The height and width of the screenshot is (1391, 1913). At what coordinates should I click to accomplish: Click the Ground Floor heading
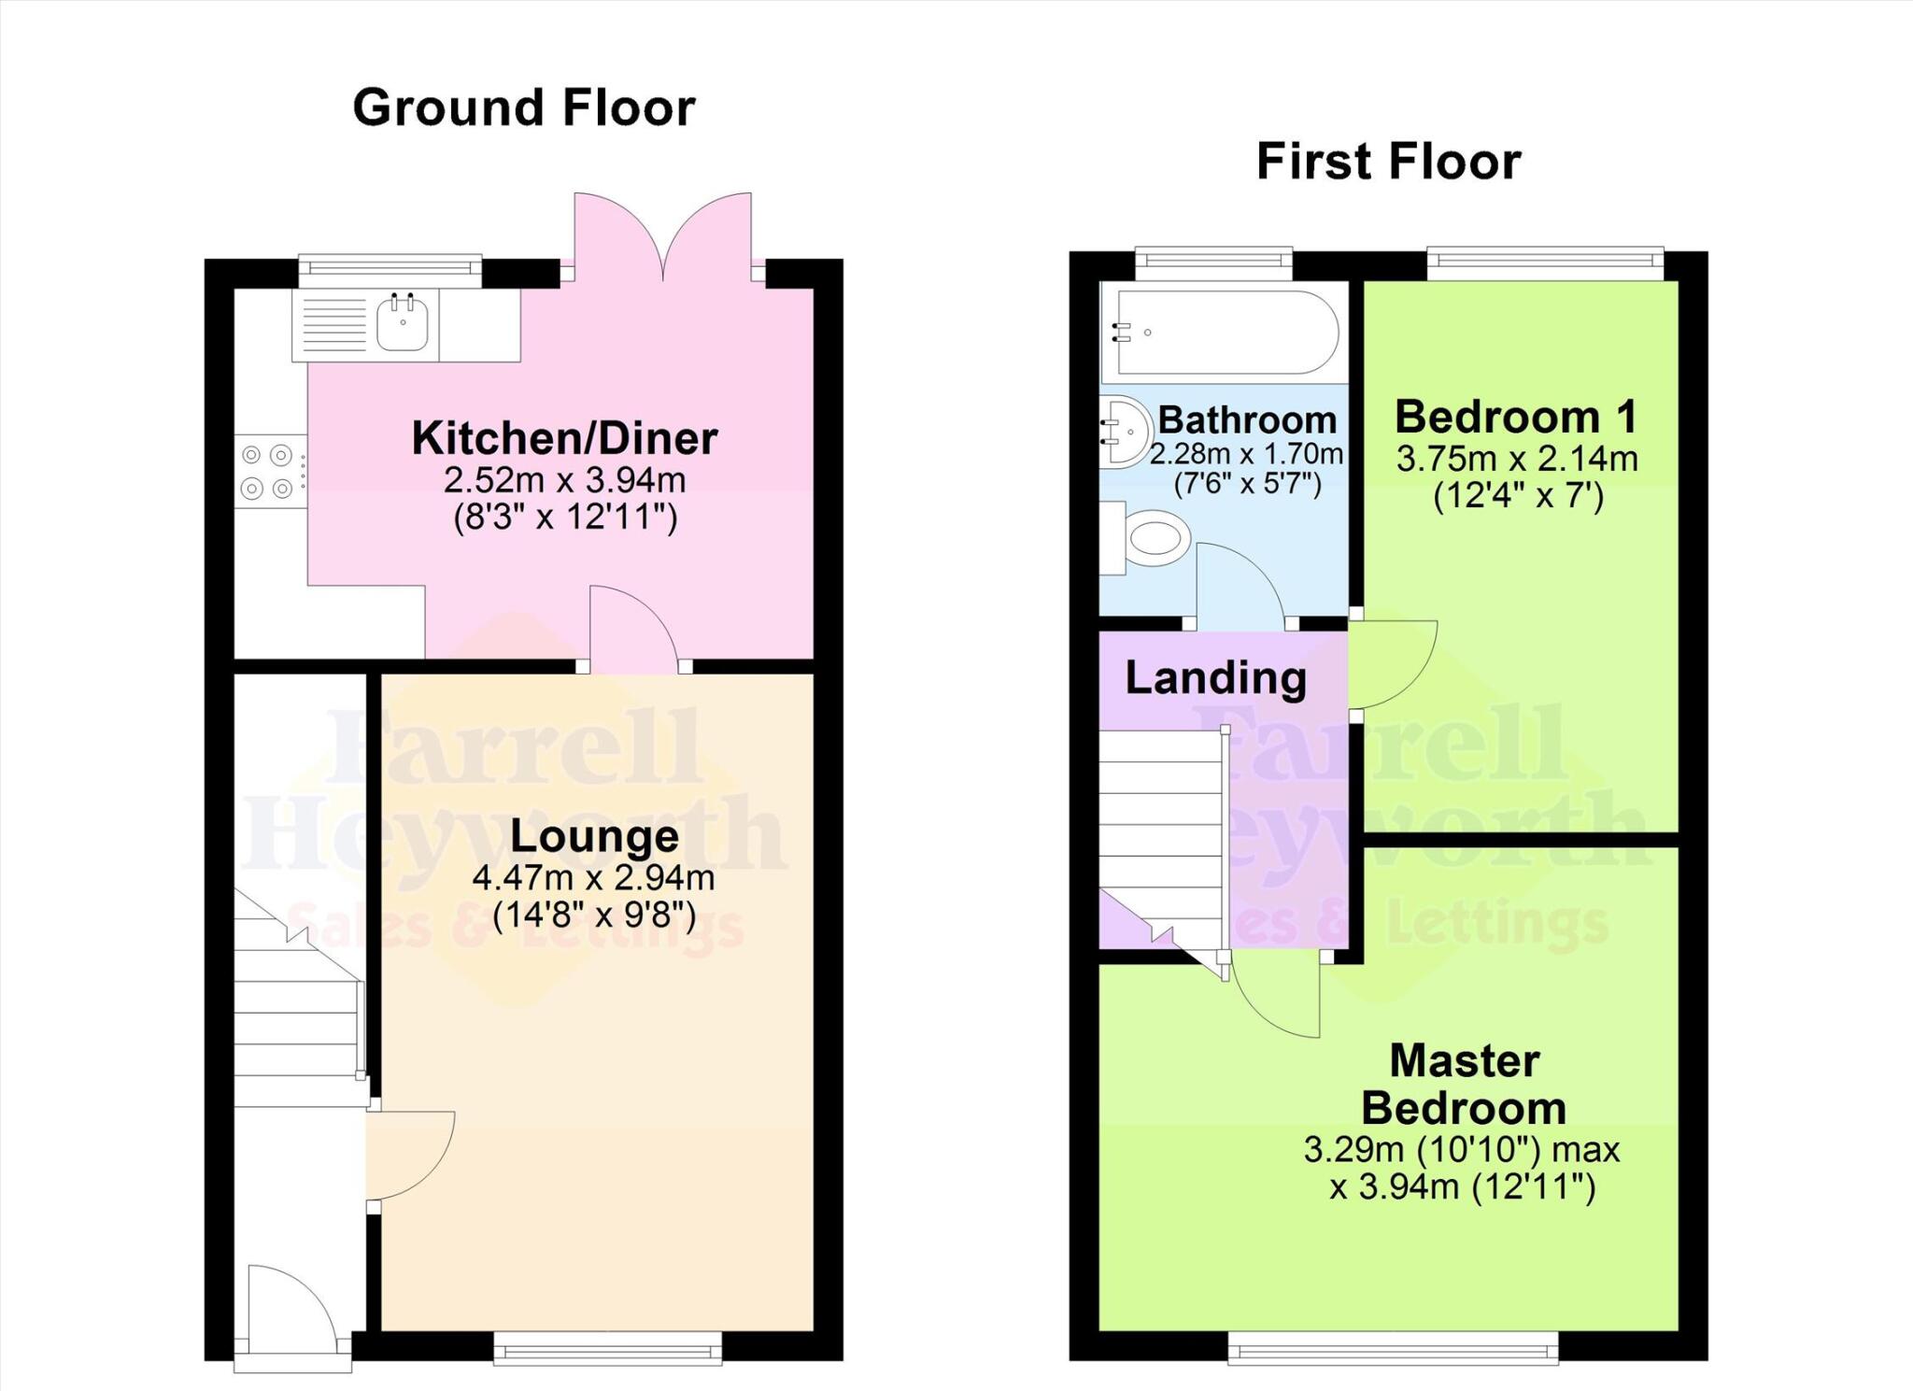523,107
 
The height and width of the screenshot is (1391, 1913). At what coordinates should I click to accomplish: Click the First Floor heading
1388,161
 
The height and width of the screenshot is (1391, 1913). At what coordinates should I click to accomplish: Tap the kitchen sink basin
403,323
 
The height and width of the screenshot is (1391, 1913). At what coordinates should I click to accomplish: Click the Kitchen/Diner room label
564,438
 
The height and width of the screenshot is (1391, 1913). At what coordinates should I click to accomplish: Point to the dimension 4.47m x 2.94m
593,878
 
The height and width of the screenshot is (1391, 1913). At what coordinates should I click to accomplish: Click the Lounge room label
594,836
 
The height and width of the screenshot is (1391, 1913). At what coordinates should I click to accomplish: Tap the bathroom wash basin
1125,432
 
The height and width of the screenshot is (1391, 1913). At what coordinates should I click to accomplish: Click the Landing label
1215,677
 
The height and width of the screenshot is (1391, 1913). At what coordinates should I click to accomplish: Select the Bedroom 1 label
1515,417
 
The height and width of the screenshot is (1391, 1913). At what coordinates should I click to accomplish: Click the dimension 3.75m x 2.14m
1517,459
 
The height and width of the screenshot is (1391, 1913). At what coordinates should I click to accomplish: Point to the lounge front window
607,1347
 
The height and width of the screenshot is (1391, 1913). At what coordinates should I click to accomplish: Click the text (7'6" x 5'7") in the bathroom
1246,484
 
